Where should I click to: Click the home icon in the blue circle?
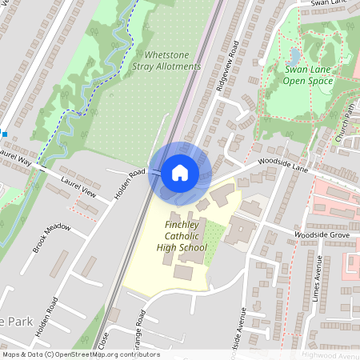[179, 172]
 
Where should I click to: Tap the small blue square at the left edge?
[2, 134]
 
